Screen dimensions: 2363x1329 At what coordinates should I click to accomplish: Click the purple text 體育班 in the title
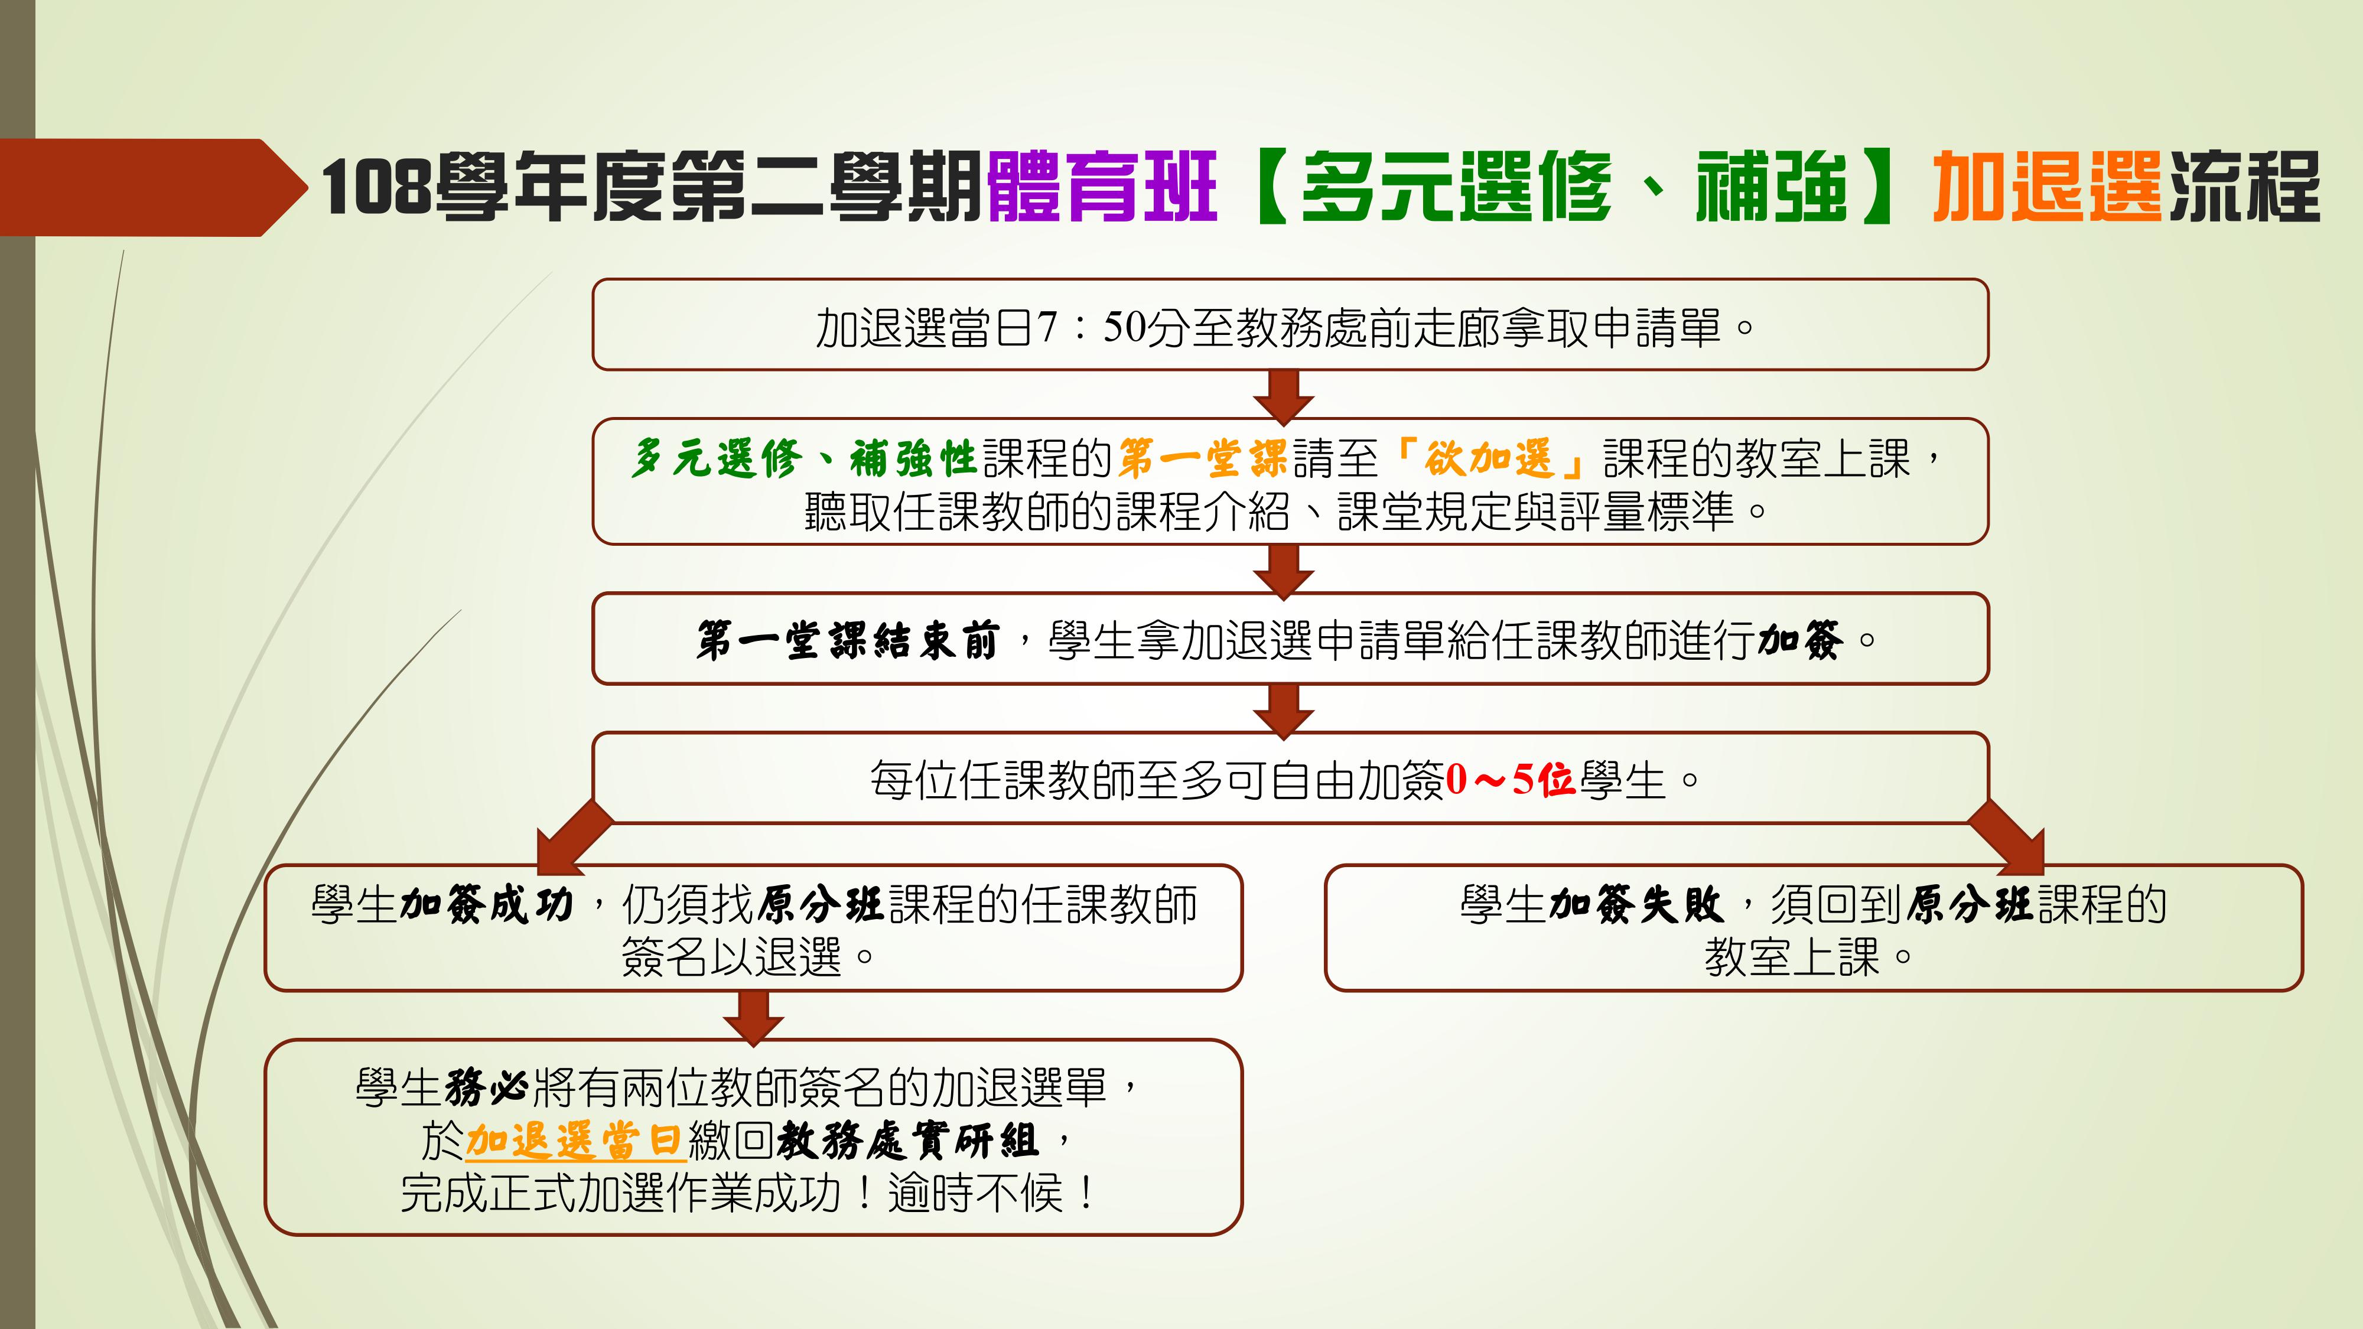[1102, 188]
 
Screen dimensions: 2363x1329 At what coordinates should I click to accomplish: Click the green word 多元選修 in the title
[1456, 188]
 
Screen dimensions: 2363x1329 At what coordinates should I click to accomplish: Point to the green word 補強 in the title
[1771, 188]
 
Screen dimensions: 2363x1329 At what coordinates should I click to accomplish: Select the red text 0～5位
[1511, 780]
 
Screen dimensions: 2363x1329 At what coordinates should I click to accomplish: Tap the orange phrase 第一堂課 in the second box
[1203, 458]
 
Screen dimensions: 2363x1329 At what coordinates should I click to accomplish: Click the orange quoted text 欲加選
[1488, 458]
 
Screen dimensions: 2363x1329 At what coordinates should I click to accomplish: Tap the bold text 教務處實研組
[907, 1141]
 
